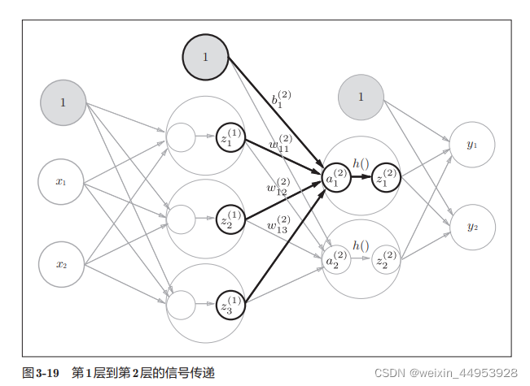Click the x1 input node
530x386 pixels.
tap(61, 182)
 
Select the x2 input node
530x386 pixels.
tap(61, 264)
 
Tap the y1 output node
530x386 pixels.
tap(472, 145)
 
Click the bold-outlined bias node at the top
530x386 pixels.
tap(205, 57)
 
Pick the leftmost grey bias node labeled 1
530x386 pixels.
tap(63, 102)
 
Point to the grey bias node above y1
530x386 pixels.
tap(361, 97)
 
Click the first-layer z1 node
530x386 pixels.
tap(230, 137)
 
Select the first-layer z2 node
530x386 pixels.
tap(230, 219)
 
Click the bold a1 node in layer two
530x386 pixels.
tap(337, 178)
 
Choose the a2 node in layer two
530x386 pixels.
tap(337, 260)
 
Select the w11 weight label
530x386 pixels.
tap(280, 145)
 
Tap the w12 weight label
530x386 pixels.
tap(278, 187)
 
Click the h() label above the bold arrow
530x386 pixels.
tap(361, 163)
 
